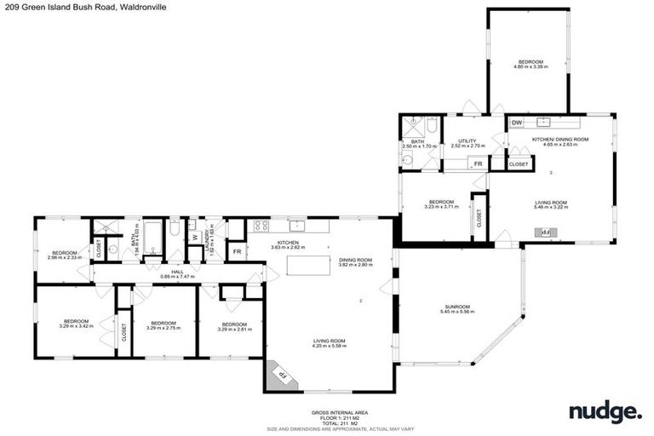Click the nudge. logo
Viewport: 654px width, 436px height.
605,414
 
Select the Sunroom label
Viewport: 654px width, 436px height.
457,309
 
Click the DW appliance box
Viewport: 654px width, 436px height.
517,123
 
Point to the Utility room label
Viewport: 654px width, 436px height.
467,144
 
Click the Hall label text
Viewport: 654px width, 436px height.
177,273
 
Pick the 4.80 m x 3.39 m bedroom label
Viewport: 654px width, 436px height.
531,65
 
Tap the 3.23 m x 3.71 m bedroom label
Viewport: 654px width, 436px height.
441,204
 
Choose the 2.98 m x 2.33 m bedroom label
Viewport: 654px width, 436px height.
64,255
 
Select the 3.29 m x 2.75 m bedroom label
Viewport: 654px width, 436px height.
163,325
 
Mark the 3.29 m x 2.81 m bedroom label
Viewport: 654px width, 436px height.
234,327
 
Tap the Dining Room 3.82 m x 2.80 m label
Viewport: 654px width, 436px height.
355,262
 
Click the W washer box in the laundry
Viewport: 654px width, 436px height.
194,238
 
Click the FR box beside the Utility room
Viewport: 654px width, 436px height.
479,163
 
